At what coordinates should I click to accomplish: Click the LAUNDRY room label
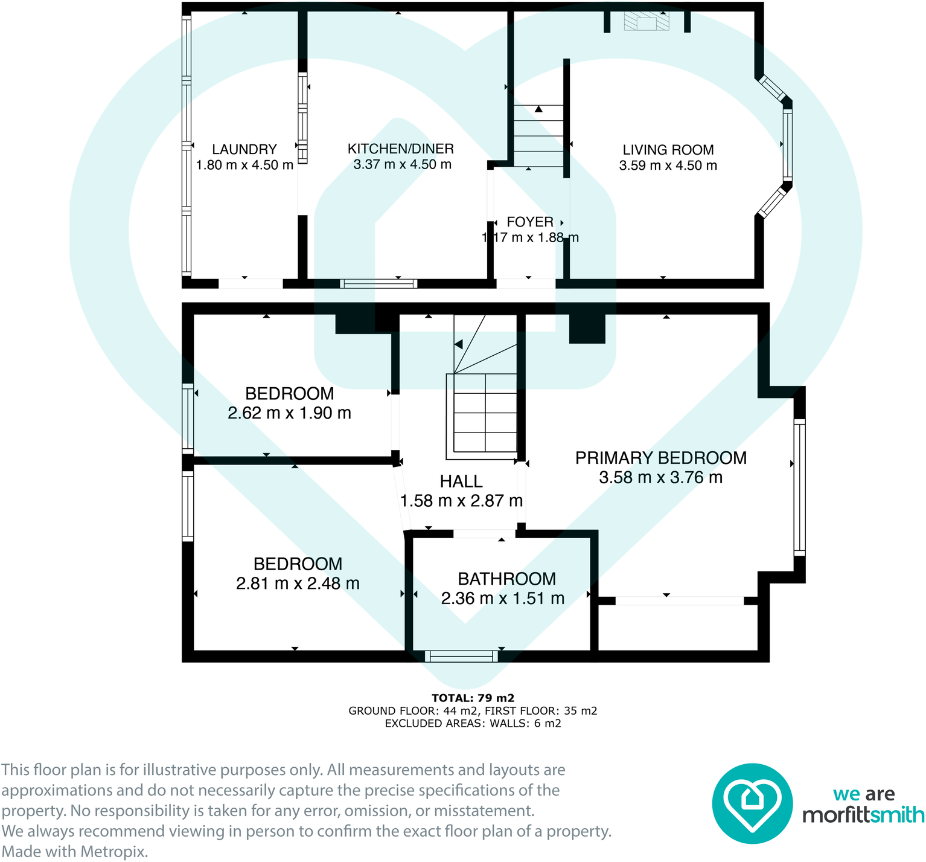coord(244,149)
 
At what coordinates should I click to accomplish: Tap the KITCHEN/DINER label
coord(400,149)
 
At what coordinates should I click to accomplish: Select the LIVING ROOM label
coord(668,150)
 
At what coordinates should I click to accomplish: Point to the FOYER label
coord(529,222)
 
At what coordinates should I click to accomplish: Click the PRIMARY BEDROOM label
coord(660,458)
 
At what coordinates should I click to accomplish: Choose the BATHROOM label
coord(506,579)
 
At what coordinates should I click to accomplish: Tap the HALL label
coord(461,481)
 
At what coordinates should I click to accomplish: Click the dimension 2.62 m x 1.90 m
coord(289,413)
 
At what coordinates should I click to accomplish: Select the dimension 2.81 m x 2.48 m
coord(298,584)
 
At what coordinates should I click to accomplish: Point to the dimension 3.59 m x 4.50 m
coord(668,166)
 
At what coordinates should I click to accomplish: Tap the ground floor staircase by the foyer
coord(538,136)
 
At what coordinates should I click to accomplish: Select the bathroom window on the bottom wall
coord(461,656)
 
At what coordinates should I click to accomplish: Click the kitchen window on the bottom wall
coord(378,283)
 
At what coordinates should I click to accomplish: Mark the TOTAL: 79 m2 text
coord(473,698)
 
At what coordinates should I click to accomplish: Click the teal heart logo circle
coord(752,803)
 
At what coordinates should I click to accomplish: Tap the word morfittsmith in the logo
coord(863,815)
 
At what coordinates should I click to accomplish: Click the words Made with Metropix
coord(75,852)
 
